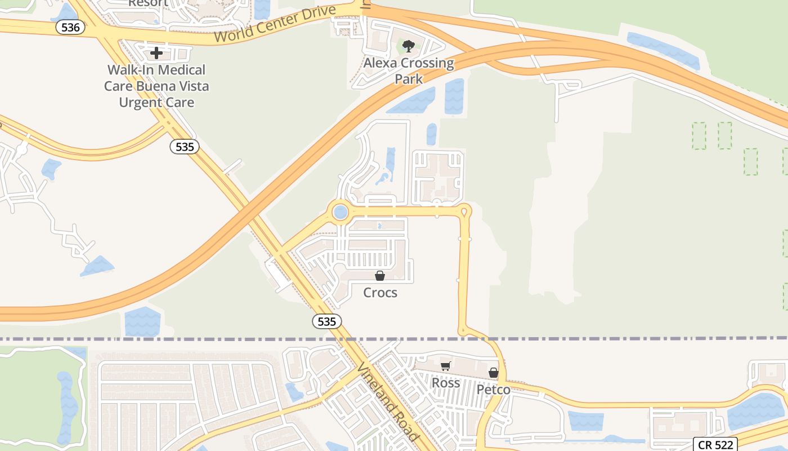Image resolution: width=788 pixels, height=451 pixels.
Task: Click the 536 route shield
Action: coord(70,27)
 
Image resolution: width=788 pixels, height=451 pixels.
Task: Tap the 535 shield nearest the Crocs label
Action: coord(326,321)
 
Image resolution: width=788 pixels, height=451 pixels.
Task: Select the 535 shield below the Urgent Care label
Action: coord(184,147)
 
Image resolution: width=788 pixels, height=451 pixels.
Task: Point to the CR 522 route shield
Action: coord(714,444)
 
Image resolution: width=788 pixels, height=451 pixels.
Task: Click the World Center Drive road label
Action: coord(276,25)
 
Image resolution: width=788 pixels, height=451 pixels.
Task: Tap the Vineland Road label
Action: coord(388,402)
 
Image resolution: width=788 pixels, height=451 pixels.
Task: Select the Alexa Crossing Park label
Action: coord(409,70)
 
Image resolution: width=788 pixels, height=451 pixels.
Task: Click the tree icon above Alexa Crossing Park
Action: coord(409,46)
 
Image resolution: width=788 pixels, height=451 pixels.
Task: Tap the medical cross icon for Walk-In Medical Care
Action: coord(156,53)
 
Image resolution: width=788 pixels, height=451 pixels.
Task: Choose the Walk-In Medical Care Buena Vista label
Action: coord(156,86)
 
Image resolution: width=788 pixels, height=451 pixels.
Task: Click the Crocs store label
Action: coord(380,293)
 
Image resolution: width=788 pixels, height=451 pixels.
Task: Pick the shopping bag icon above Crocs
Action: coord(380,276)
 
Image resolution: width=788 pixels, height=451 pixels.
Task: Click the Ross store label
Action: coord(446,383)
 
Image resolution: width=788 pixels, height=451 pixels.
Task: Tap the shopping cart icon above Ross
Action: coord(446,366)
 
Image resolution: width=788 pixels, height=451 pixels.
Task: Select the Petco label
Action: coord(494,390)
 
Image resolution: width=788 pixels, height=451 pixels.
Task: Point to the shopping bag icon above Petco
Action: coord(494,373)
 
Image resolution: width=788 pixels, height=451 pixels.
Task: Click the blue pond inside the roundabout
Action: coord(340,213)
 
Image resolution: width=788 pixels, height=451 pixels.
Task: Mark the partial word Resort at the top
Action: coord(148,3)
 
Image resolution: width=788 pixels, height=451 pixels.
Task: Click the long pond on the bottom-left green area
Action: coord(67,406)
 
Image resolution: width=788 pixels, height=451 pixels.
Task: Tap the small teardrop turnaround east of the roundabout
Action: coord(464,212)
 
